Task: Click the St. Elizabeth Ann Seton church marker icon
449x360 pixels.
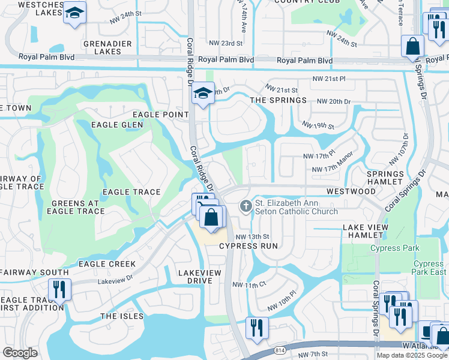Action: (245, 206)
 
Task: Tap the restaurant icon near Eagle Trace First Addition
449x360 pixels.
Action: (60, 289)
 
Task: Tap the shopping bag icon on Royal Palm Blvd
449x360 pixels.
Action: (413, 46)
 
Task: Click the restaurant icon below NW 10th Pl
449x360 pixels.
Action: (257, 328)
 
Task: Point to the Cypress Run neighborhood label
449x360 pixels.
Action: (249, 246)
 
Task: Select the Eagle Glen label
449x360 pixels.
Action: (117, 125)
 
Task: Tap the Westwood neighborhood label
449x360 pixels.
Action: (351, 191)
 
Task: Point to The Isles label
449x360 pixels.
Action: (122, 316)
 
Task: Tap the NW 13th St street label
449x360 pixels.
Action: (249, 237)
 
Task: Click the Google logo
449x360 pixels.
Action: (20, 353)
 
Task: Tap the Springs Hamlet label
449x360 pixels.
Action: (385, 177)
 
